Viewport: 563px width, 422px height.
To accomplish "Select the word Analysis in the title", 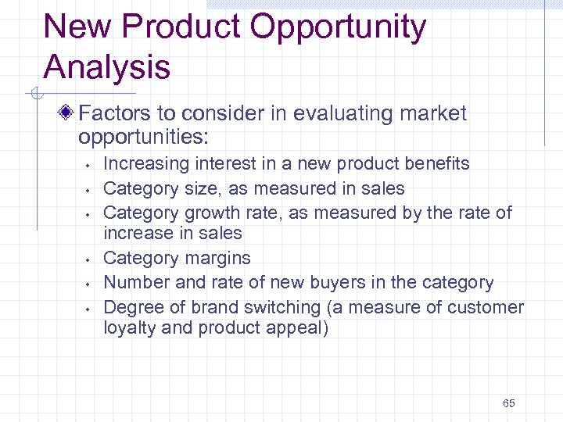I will coord(107,67).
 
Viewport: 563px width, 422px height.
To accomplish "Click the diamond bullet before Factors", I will coord(70,114).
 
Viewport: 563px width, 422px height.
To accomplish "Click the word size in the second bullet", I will coord(199,188).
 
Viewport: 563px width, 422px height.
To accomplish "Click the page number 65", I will coord(509,403).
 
